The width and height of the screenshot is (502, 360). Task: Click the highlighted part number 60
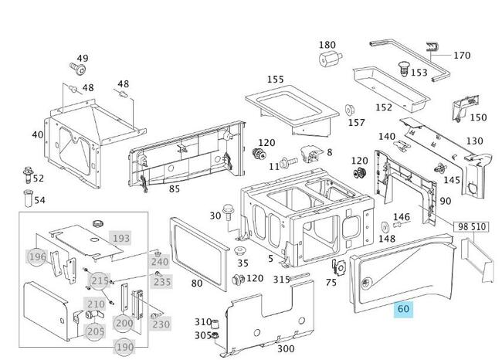(403, 309)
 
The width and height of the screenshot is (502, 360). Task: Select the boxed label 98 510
(472, 227)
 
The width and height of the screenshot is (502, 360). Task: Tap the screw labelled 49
(78, 69)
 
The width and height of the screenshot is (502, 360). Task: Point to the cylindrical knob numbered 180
(330, 59)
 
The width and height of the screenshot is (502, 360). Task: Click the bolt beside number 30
(228, 212)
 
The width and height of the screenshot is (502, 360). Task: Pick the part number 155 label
(276, 79)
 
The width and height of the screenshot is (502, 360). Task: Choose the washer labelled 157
(350, 110)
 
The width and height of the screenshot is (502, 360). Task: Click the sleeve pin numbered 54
(28, 199)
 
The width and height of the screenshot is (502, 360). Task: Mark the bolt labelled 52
(28, 175)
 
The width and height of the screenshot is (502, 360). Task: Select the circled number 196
(38, 256)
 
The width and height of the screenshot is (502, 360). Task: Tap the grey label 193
(121, 238)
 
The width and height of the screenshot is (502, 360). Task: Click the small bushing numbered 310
(215, 324)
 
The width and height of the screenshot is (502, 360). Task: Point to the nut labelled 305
(215, 335)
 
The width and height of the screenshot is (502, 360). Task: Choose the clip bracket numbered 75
(339, 267)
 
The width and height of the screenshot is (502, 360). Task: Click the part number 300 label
(286, 348)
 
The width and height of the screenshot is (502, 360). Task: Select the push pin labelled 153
(404, 69)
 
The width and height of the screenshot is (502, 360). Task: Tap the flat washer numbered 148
(384, 227)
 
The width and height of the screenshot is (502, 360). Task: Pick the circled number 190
(124, 347)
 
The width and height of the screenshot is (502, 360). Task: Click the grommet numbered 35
(239, 251)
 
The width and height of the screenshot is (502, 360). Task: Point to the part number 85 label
(175, 189)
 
